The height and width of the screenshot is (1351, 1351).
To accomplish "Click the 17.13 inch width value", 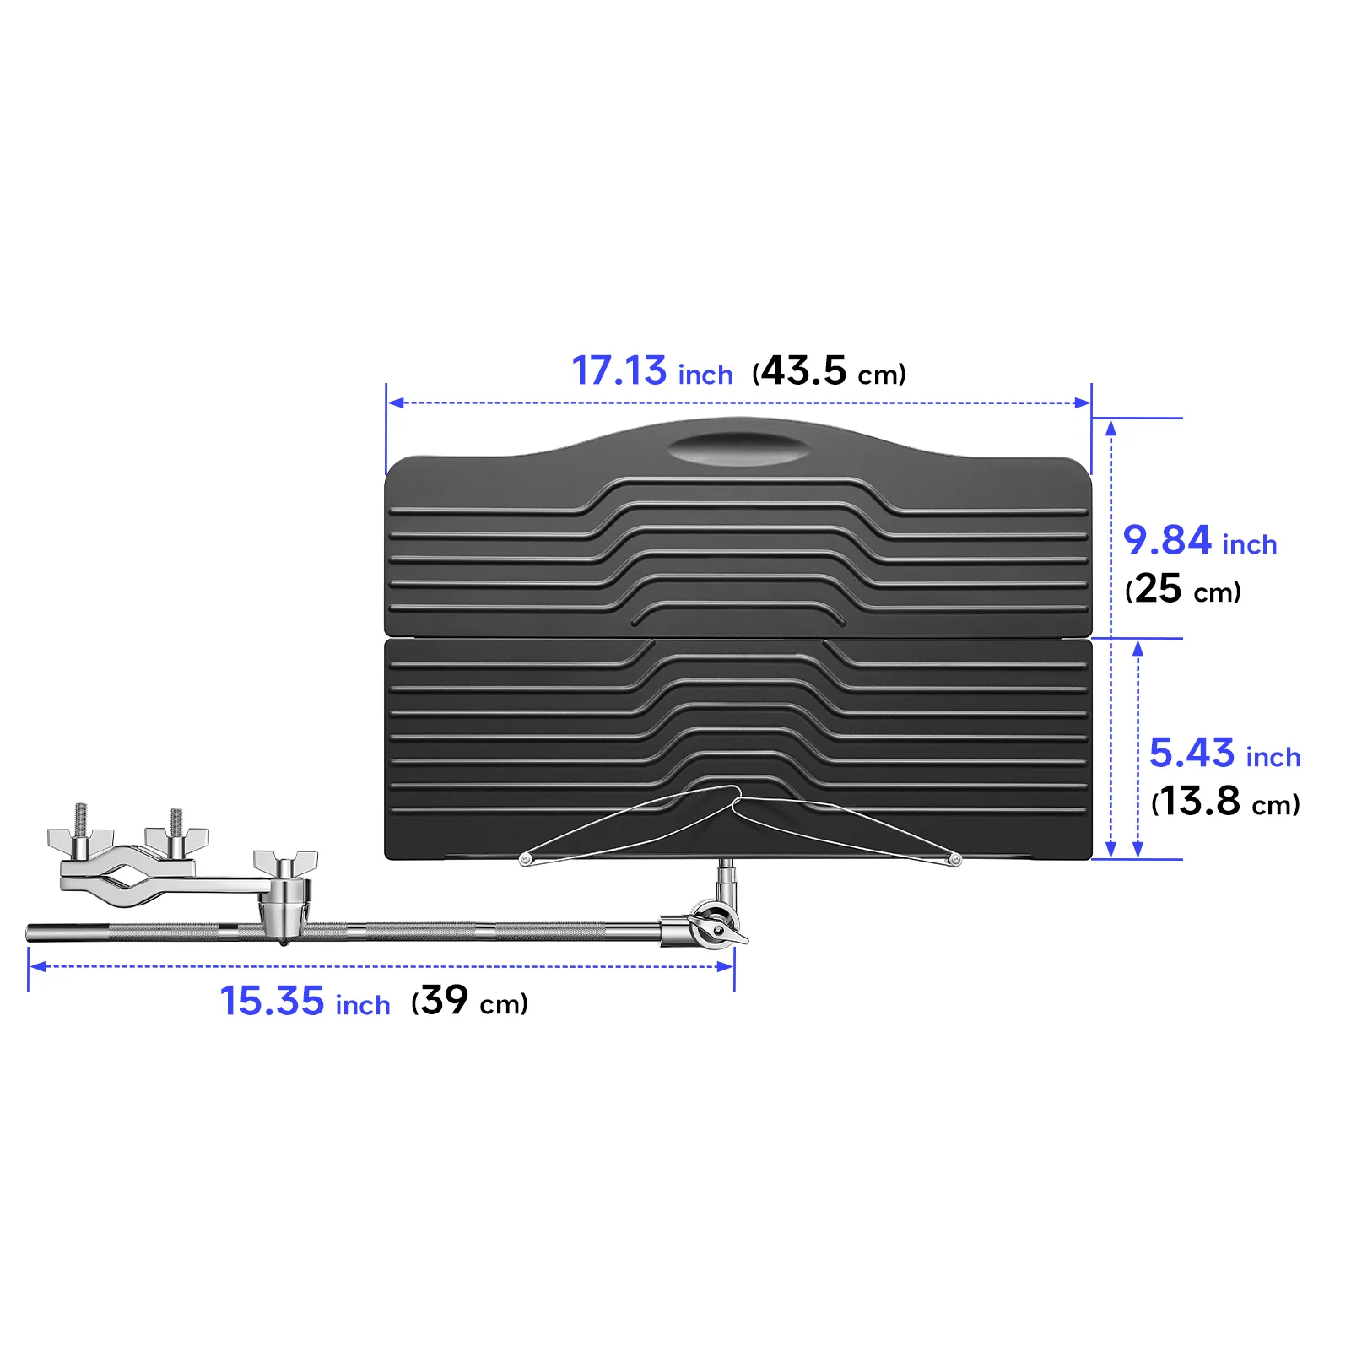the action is click(652, 371).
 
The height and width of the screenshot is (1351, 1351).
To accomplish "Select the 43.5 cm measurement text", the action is click(830, 371).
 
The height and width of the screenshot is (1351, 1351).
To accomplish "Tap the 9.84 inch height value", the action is click(1199, 541).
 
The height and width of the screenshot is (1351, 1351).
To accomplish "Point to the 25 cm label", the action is click(1183, 589).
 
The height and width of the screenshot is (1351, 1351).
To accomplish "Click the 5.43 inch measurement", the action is click(1224, 754).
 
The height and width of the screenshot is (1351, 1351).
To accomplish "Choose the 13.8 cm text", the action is click(1225, 802).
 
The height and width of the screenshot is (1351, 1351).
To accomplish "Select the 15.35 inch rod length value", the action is click(305, 1002).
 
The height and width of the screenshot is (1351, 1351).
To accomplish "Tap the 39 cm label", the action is click(469, 1002).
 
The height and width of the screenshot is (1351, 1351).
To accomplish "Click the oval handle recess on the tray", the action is click(738, 448).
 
